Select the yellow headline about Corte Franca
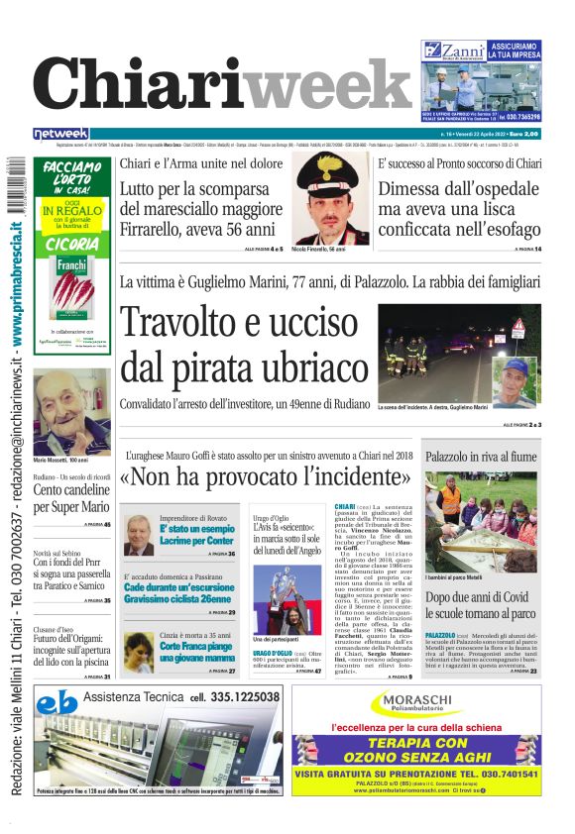tap(196, 651)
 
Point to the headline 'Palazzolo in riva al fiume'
tap(482, 457)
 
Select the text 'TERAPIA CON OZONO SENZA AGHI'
tap(416, 750)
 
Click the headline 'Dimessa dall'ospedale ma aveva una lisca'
tap(459, 199)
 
